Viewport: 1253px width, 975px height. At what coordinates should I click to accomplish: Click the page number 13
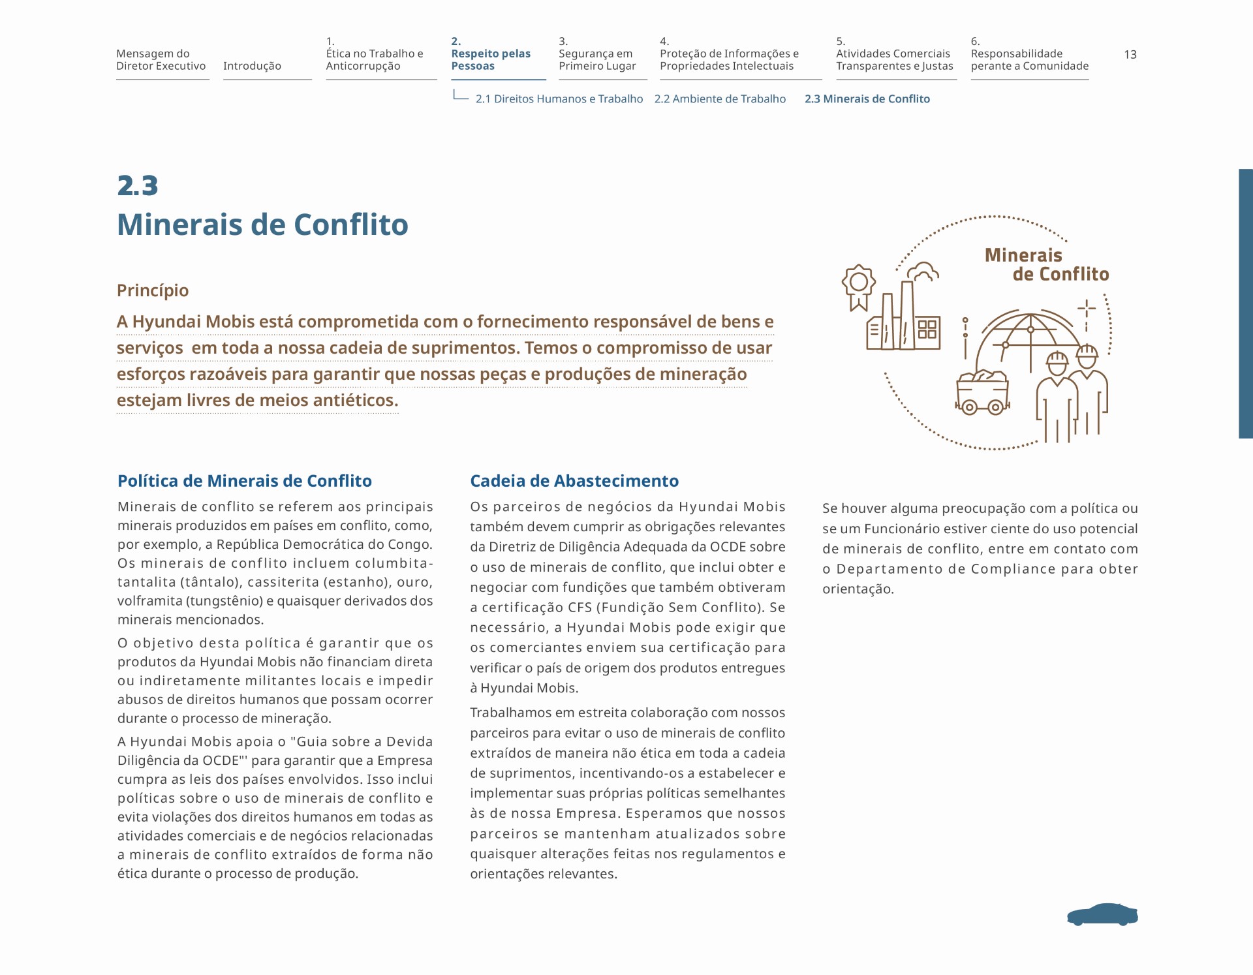[x=1130, y=55]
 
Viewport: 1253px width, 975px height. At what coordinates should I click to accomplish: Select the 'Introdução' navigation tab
[x=252, y=66]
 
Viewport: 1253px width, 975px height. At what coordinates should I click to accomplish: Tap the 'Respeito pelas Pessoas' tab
[x=490, y=59]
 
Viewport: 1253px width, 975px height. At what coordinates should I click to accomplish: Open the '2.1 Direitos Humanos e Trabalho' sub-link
[x=559, y=99]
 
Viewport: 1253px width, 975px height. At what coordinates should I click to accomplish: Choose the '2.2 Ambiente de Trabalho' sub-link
[x=720, y=99]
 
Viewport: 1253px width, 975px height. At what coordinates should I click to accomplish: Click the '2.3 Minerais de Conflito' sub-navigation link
[x=867, y=99]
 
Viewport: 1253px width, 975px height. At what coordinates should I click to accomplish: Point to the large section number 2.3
[x=138, y=186]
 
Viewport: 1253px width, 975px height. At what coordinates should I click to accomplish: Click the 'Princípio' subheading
[x=153, y=290]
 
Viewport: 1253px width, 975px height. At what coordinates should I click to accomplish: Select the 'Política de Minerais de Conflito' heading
[x=244, y=481]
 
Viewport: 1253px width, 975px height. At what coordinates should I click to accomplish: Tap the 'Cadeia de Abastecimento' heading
[x=574, y=481]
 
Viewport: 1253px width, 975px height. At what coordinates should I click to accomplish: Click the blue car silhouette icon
[x=1102, y=915]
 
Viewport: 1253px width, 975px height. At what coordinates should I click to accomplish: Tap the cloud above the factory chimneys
[x=923, y=271]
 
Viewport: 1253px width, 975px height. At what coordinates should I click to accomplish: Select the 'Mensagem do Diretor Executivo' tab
[x=161, y=60]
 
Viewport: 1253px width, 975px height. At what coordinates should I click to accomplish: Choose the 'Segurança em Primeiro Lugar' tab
[x=596, y=60]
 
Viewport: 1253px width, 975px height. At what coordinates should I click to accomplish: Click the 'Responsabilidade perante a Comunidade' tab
[x=1029, y=60]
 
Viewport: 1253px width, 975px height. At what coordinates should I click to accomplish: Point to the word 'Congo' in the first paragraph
[x=411, y=544]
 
